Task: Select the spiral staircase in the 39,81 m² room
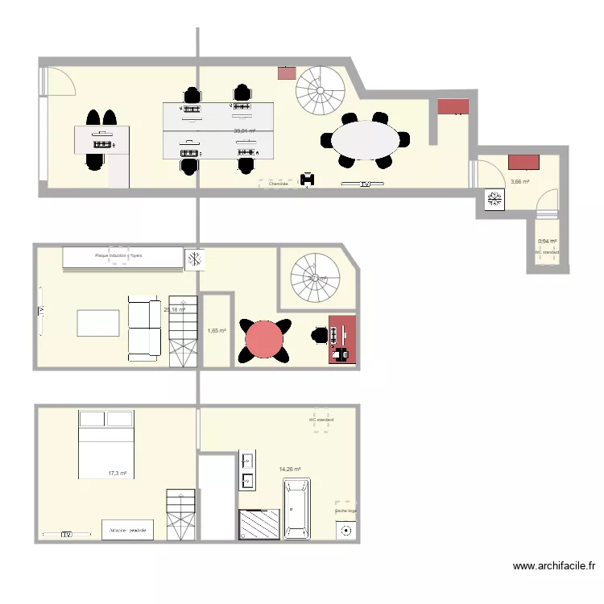(x=320, y=91)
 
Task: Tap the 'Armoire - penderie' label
(x=127, y=529)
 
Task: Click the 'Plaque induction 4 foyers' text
(x=118, y=256)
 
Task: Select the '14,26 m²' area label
(x=290, y=469)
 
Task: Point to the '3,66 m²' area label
(x=520, y=182)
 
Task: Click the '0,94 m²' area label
(x=548, y=241)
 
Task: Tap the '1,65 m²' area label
(x=217, y=330)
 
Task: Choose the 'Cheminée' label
(x=279, y=184)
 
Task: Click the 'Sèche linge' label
(x=345, y=511)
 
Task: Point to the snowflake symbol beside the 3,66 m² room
(x=492, y=201)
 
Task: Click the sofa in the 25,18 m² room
(x=145, y=329)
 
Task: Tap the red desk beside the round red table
(x=343, y=340)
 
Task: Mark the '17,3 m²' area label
(x=118, y=474)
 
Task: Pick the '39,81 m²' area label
(x=245, y=131)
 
